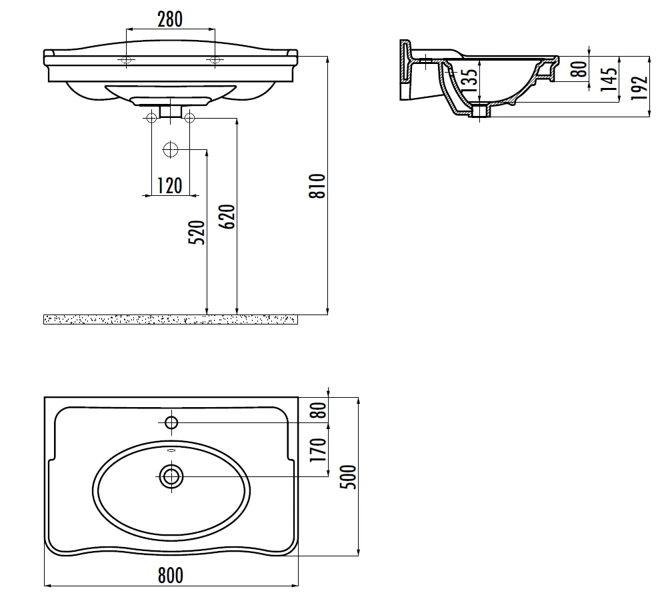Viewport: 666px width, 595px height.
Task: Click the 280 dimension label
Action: point(170,19)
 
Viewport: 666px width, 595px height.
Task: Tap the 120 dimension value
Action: point(170,186)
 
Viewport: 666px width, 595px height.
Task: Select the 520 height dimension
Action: point(197,233)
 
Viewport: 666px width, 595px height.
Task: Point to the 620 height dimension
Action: point(227,217)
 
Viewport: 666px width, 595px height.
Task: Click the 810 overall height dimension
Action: point(317,186)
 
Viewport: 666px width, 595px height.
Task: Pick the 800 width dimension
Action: point(171,576)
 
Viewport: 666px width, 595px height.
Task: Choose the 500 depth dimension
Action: point(349,477)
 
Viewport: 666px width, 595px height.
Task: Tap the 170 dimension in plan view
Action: point(319,450)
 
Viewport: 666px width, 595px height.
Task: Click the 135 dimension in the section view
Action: point(469,81)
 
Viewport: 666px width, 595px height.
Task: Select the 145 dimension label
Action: point(609,79)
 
